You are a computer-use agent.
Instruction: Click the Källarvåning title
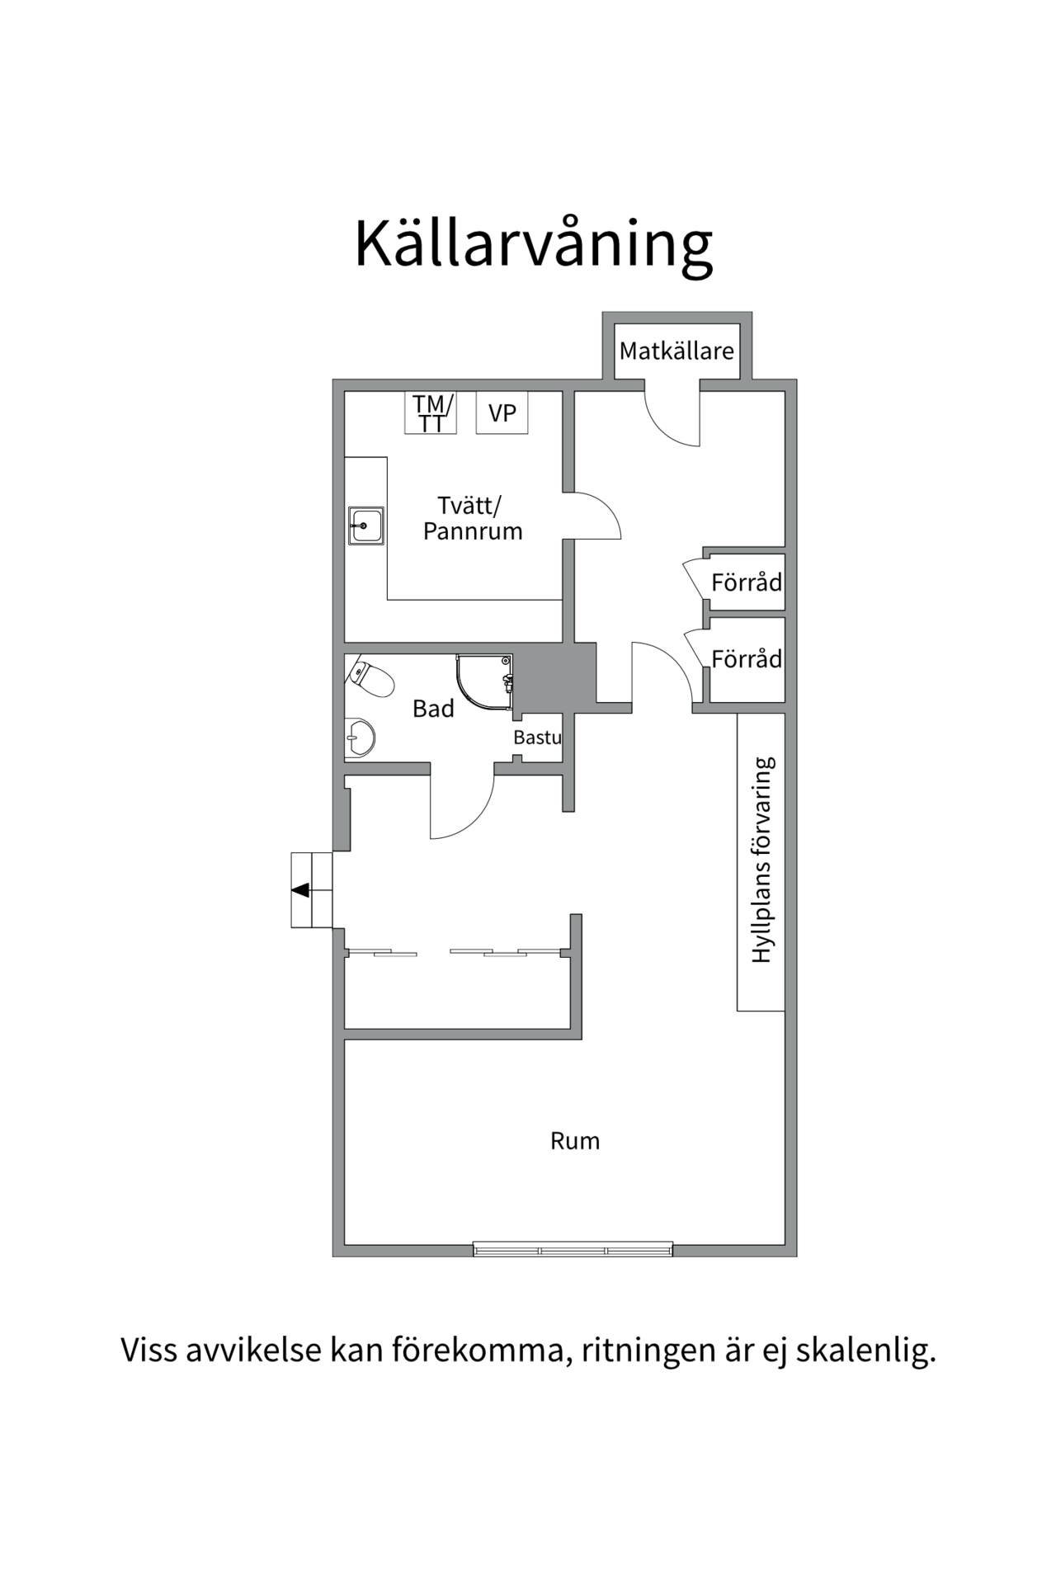tap(533, 245)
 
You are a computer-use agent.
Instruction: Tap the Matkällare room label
tap(676, 351)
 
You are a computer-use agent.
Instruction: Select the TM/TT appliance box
tap(430, 412)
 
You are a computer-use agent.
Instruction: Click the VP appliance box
tap(502, 412)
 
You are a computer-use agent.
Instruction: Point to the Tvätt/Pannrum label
tap(473, 518)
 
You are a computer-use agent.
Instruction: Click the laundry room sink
tap(365, 526)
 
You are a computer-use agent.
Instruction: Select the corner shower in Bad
tap(485, 683)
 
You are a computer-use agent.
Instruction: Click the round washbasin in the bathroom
tap(360, 736)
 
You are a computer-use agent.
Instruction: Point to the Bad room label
tap(433, 709)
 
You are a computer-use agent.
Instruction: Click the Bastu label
tap(537, 738)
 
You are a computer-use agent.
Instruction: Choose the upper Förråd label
tap(747, 582)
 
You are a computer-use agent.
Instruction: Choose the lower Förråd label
tap(747, 659)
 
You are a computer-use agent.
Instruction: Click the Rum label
tap(575, 1141)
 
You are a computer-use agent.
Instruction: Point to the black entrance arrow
tap(301, 890)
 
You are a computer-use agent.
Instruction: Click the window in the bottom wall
tap(573, 1250)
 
